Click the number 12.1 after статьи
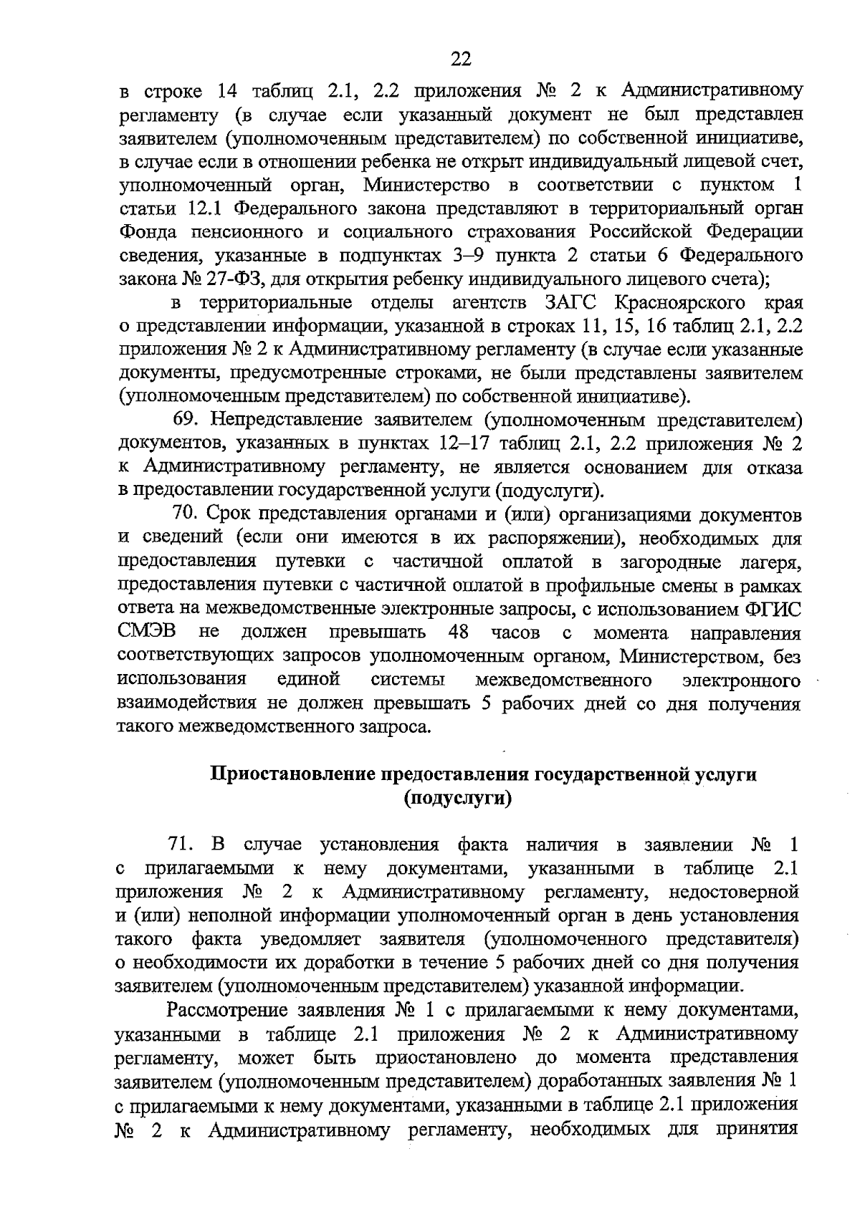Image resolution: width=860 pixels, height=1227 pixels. [208, 208]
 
